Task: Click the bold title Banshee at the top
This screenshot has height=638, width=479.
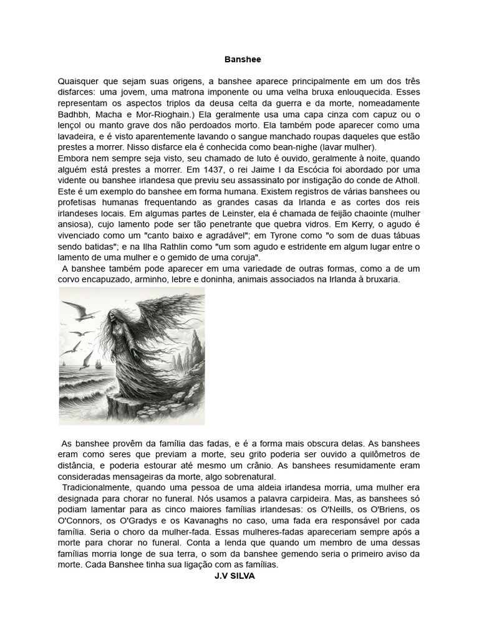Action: click(243, 60)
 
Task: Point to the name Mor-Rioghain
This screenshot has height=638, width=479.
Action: click(167, 115)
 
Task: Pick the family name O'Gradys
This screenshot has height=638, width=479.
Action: click(138, 520)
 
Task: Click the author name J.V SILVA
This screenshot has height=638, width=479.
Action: click(235, 576)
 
